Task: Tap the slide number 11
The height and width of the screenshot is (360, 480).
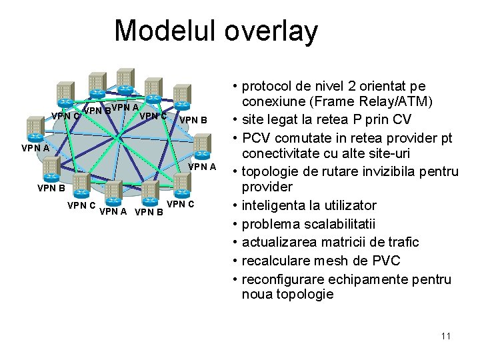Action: tap(445, 336)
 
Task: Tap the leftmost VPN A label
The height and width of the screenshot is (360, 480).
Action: tap(35, 147)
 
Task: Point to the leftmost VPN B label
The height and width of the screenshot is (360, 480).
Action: tap(51, 188)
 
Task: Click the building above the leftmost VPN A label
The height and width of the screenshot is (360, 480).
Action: tap(34, 125)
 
